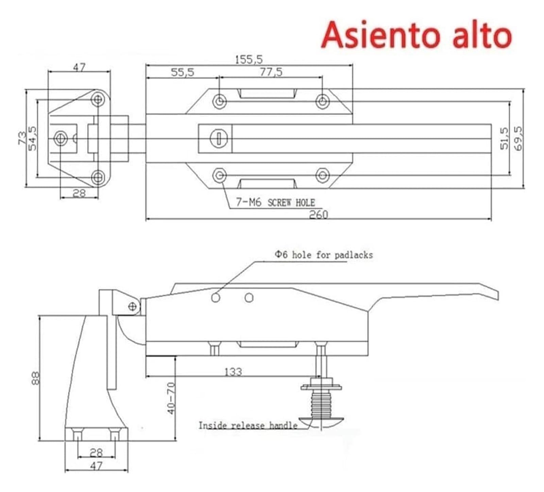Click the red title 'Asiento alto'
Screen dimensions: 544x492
(417, 35)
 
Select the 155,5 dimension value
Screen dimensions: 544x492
(249, 60)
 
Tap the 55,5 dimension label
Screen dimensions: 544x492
(182, 72)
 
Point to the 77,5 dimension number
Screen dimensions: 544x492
(271, 72)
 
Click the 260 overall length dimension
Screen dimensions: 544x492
(319, 215)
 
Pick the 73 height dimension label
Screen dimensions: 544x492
(22, 138)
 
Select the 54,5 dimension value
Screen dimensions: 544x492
(32, 138)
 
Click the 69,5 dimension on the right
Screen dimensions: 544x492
(518, 138)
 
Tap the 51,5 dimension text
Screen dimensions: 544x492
(504, 138)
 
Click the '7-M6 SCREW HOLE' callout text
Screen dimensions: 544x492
(276, 203)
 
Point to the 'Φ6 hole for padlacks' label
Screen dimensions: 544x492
(324, 255)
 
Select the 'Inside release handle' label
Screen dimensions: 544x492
(248, 425)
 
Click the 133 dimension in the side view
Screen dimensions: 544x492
(233, 372)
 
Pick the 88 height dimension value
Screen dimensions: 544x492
(35, 378)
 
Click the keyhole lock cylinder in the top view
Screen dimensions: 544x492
(219, 138)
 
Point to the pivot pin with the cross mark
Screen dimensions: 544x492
(133, 307)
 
